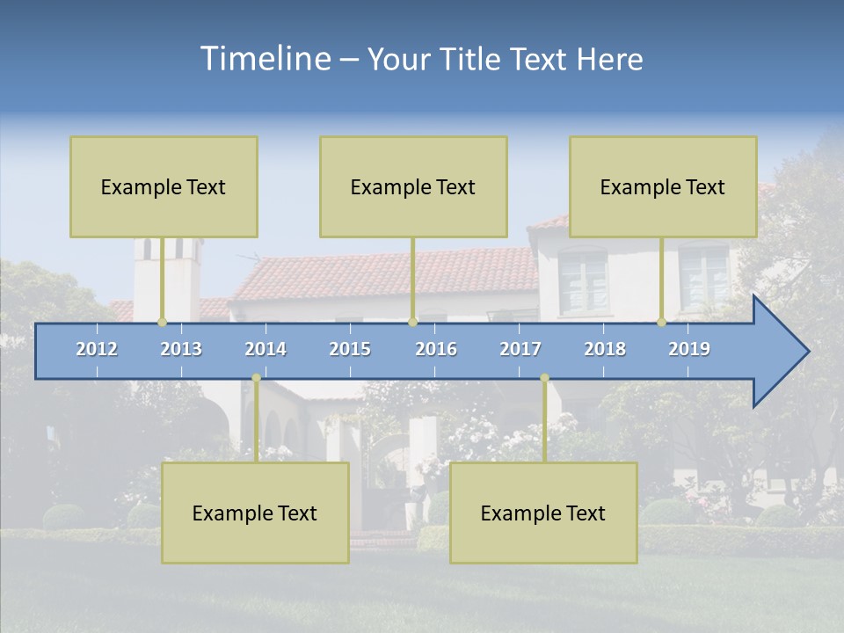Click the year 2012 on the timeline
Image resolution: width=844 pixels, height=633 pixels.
point(97,349)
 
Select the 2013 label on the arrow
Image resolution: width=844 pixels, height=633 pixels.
point(181,349)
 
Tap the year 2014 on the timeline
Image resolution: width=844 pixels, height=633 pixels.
point(266,349)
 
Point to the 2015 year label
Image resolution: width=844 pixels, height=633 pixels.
point(350,349)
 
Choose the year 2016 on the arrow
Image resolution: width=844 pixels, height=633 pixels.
point(436,349)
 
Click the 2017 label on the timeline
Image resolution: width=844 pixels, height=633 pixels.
point(520,349)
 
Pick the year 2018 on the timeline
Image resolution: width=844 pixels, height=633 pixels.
point(605,349)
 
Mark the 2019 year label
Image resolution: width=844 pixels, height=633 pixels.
point(689,349)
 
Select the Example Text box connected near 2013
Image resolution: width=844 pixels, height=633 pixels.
point(164,186)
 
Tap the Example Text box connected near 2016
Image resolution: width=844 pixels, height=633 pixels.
point(413,186)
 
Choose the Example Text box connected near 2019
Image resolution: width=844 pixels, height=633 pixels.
point(663,186)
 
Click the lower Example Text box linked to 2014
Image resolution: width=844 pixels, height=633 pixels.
point(255,513)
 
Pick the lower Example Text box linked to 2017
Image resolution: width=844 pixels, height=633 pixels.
point(543,513)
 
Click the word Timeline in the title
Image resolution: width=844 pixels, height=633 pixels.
point(264,59)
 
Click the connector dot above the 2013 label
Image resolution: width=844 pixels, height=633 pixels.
point(162,322)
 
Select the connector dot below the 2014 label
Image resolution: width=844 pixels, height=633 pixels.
point(256,378)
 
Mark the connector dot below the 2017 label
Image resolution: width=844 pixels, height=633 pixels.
point(544,378)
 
